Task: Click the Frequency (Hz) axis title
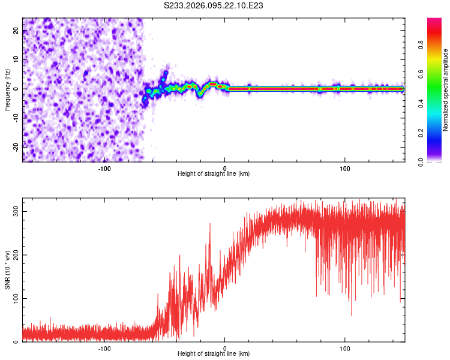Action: (7, 89)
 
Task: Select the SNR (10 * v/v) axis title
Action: (7, 270)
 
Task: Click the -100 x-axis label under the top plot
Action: (104, 168)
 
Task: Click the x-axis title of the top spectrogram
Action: (214, 174)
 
